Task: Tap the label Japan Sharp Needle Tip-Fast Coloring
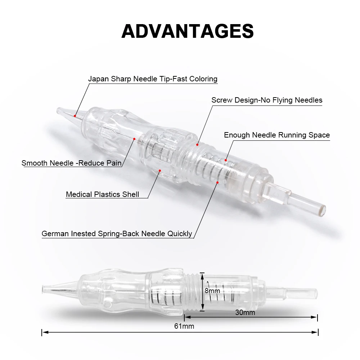(x=153, y=79)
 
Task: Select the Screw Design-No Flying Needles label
(x=267, y=100)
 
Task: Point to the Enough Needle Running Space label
(x=277, y=135)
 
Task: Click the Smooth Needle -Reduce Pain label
(x=71, y=163)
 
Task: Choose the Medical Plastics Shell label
(x=102, y=194)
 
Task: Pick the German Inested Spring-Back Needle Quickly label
(x=117, y=233)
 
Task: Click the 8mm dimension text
(x=212, y=291)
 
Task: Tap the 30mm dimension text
(x=245, y=312)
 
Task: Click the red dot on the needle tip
(x=75, y=116)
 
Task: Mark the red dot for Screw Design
(x=197, y=145)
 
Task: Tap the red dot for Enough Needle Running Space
(x=226, y=160)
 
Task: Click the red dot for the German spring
(x=217, y=183)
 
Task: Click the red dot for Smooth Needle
(x=134, y=139)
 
